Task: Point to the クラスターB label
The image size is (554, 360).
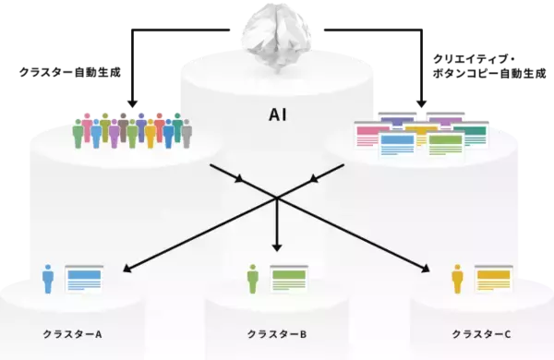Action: [276, 332]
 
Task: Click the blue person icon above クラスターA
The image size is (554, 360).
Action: [49, 278]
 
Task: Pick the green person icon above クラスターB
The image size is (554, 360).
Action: [253, 278]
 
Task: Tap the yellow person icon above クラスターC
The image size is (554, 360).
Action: [456, 278]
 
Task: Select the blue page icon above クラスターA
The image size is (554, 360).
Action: [84, 278]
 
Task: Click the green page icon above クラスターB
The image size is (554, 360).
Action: [288, 278]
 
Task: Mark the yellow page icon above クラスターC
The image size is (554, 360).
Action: [492, 278]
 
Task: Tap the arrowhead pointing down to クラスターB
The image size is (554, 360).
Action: [276, 247]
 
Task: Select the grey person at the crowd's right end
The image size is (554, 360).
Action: [187, 135]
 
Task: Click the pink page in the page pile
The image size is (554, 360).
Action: [369, 134]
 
